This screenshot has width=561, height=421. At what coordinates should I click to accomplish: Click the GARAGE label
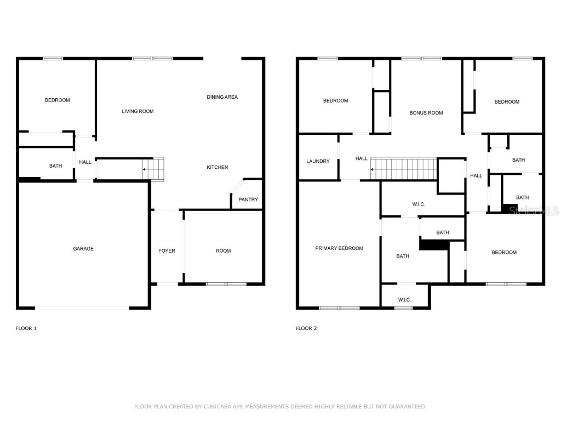83,249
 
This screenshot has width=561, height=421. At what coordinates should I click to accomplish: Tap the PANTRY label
248,200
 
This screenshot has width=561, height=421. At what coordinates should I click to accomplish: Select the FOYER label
167,251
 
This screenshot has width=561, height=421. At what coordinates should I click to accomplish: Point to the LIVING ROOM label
138,111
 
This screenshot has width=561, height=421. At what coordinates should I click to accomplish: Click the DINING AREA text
222,97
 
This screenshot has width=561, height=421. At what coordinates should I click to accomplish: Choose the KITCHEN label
217,167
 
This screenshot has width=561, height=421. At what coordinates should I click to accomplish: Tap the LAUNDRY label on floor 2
318,161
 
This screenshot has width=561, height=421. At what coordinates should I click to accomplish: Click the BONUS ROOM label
426,113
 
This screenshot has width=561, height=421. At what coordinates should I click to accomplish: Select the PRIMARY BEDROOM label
339,248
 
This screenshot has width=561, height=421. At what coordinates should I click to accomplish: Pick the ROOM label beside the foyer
223,251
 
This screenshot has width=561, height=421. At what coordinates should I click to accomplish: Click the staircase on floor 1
153,169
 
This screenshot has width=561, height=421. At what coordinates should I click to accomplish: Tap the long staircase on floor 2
403,169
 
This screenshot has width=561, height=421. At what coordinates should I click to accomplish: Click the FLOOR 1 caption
26,328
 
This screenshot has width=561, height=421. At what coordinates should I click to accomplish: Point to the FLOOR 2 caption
306,328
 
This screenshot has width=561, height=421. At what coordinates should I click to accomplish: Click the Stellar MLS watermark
534,210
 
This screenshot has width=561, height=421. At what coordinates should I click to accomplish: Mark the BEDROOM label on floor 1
57,100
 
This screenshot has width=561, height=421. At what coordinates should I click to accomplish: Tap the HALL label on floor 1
85,162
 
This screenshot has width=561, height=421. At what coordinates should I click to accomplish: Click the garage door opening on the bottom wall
82,308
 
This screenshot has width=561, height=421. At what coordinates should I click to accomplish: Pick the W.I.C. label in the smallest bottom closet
404,300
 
